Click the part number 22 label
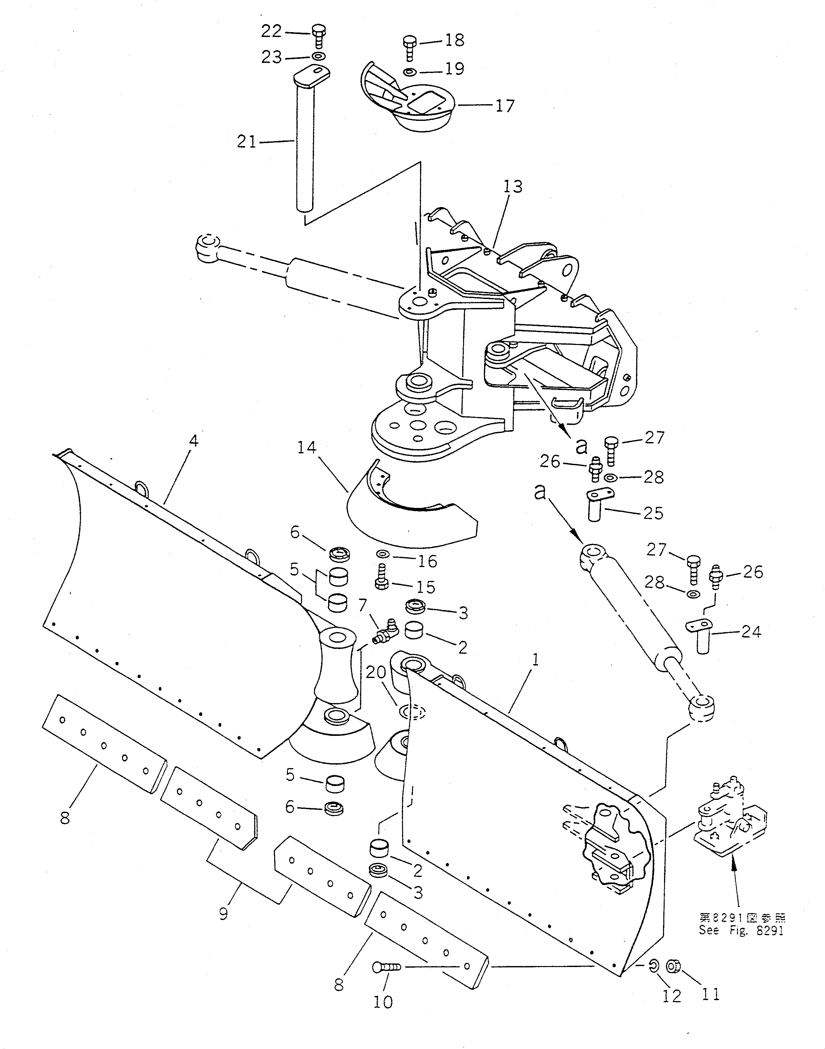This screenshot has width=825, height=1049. point(271,32)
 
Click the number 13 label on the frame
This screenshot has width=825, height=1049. point(513,186)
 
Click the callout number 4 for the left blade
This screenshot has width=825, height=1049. point(193,441)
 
